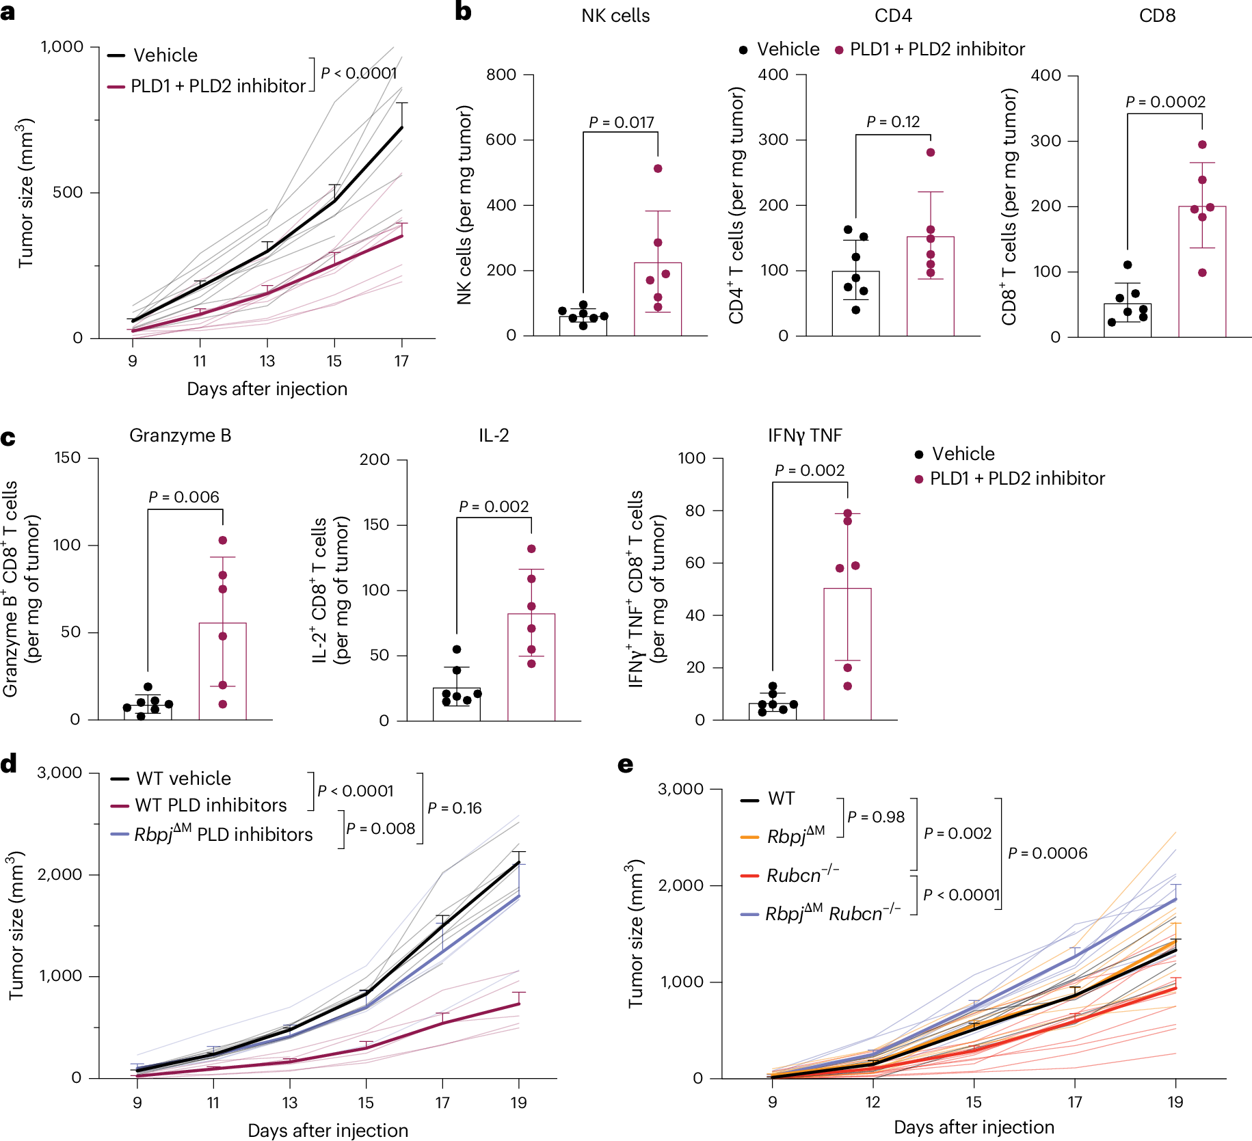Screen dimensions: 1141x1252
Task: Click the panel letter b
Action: pos(463,12)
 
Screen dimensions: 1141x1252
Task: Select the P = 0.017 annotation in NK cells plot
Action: pos(621,122)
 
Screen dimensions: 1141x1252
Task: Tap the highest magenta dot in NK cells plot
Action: pos(658,169)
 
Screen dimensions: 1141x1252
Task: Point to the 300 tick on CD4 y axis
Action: pos(773,139)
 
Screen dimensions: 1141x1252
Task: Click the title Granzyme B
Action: pos(180,435)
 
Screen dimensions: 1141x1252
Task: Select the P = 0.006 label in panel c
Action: pos(184,497)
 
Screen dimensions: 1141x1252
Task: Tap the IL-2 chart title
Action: pos(493,435)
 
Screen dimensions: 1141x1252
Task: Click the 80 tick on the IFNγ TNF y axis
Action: pos(695,511)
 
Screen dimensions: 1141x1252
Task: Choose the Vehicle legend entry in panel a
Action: pos(165,55)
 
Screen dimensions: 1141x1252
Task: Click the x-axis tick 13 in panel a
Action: pos(267,361)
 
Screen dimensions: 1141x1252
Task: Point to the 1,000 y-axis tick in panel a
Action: pos(62,46)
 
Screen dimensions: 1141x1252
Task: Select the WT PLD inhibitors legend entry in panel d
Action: pos(211,805)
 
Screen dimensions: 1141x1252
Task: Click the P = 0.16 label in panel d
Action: pos(454,808)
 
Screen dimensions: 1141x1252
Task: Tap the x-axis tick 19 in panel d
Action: pos(518,1102)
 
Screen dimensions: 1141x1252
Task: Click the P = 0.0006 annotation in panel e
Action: pos(1047,853)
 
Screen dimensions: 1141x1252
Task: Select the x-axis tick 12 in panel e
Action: pos(873,1101)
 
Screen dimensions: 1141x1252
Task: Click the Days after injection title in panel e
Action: pos(973,1127)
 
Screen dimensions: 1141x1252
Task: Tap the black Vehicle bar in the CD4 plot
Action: pos(855,304)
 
